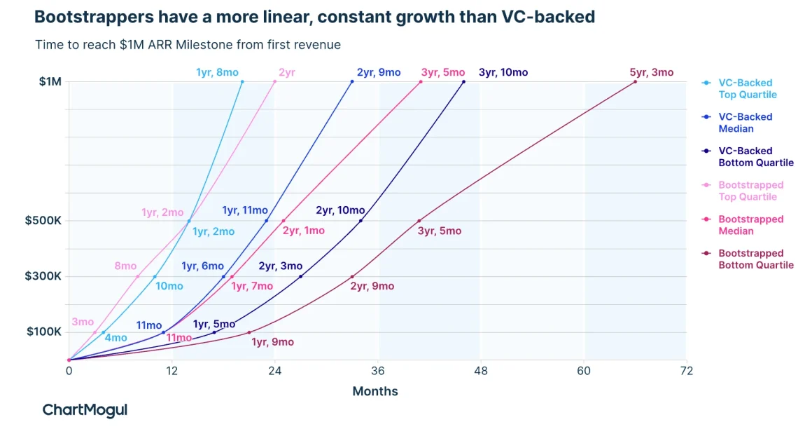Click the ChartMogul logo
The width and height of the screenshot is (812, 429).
(x=85, y=410)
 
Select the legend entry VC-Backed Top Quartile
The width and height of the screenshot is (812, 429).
(x=747, y=88)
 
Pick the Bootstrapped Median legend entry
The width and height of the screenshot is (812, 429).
(x=750, y=225)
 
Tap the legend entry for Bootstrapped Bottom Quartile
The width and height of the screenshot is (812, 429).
(x=755, y=259)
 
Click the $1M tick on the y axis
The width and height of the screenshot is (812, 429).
(x=50, y=82)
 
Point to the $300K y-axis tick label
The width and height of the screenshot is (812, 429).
(x=43, y=276)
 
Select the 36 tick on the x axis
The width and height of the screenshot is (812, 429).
(x=378, y=371)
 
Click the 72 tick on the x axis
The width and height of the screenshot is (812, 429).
(x=687, y=371)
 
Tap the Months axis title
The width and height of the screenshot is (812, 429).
(x=374, y=391)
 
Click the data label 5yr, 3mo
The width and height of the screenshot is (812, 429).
(x=651, y=72)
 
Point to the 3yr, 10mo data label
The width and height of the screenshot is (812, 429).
(x=503, y=72)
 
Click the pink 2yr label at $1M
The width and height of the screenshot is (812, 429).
(x=286, y=72)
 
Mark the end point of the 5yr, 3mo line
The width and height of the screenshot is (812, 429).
(x=635, y=82)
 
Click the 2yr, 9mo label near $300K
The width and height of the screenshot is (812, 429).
(x=372, y=286)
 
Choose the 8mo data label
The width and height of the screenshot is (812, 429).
(x=125, y=266)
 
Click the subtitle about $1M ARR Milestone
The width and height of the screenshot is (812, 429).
(x=188, y=45)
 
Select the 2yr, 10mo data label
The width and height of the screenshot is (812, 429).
(x=340, y=210)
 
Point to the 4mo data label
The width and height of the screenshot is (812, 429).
(x=115, y=338)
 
